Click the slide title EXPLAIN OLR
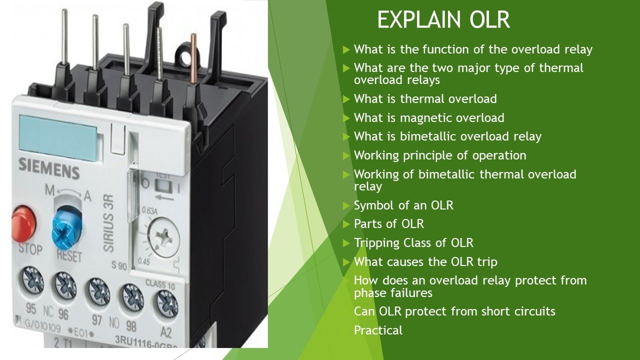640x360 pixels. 443,20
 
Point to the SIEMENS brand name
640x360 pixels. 49,168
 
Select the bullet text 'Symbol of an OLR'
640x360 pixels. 403,205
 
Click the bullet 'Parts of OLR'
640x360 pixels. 388,224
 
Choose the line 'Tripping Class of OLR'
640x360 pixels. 413,243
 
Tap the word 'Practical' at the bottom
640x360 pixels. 378,330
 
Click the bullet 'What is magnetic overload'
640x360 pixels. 429,118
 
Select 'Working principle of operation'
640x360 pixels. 440,155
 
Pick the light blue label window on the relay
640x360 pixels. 58,131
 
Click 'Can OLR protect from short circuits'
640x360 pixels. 454,311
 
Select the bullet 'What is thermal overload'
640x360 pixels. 425,99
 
